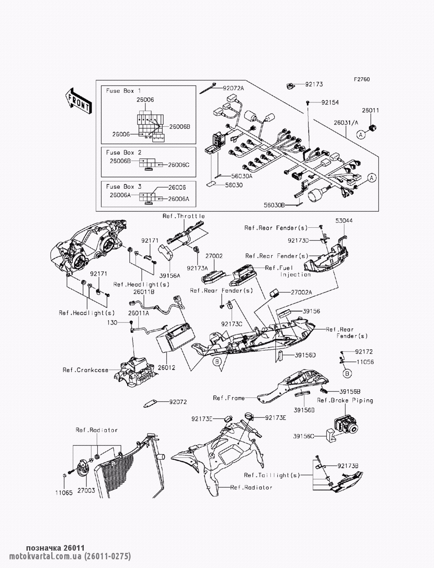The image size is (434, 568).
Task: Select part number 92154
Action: point(330,103)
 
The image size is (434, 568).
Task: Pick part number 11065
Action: point(63,492)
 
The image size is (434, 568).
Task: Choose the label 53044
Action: point(344,221)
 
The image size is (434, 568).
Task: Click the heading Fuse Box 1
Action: point(124,91)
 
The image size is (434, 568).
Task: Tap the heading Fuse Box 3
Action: point(124,186)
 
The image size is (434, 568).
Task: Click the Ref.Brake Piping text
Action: point(345,401)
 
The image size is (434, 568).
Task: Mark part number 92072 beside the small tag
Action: point(178,402)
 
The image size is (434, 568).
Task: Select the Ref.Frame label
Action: point(229,397)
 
